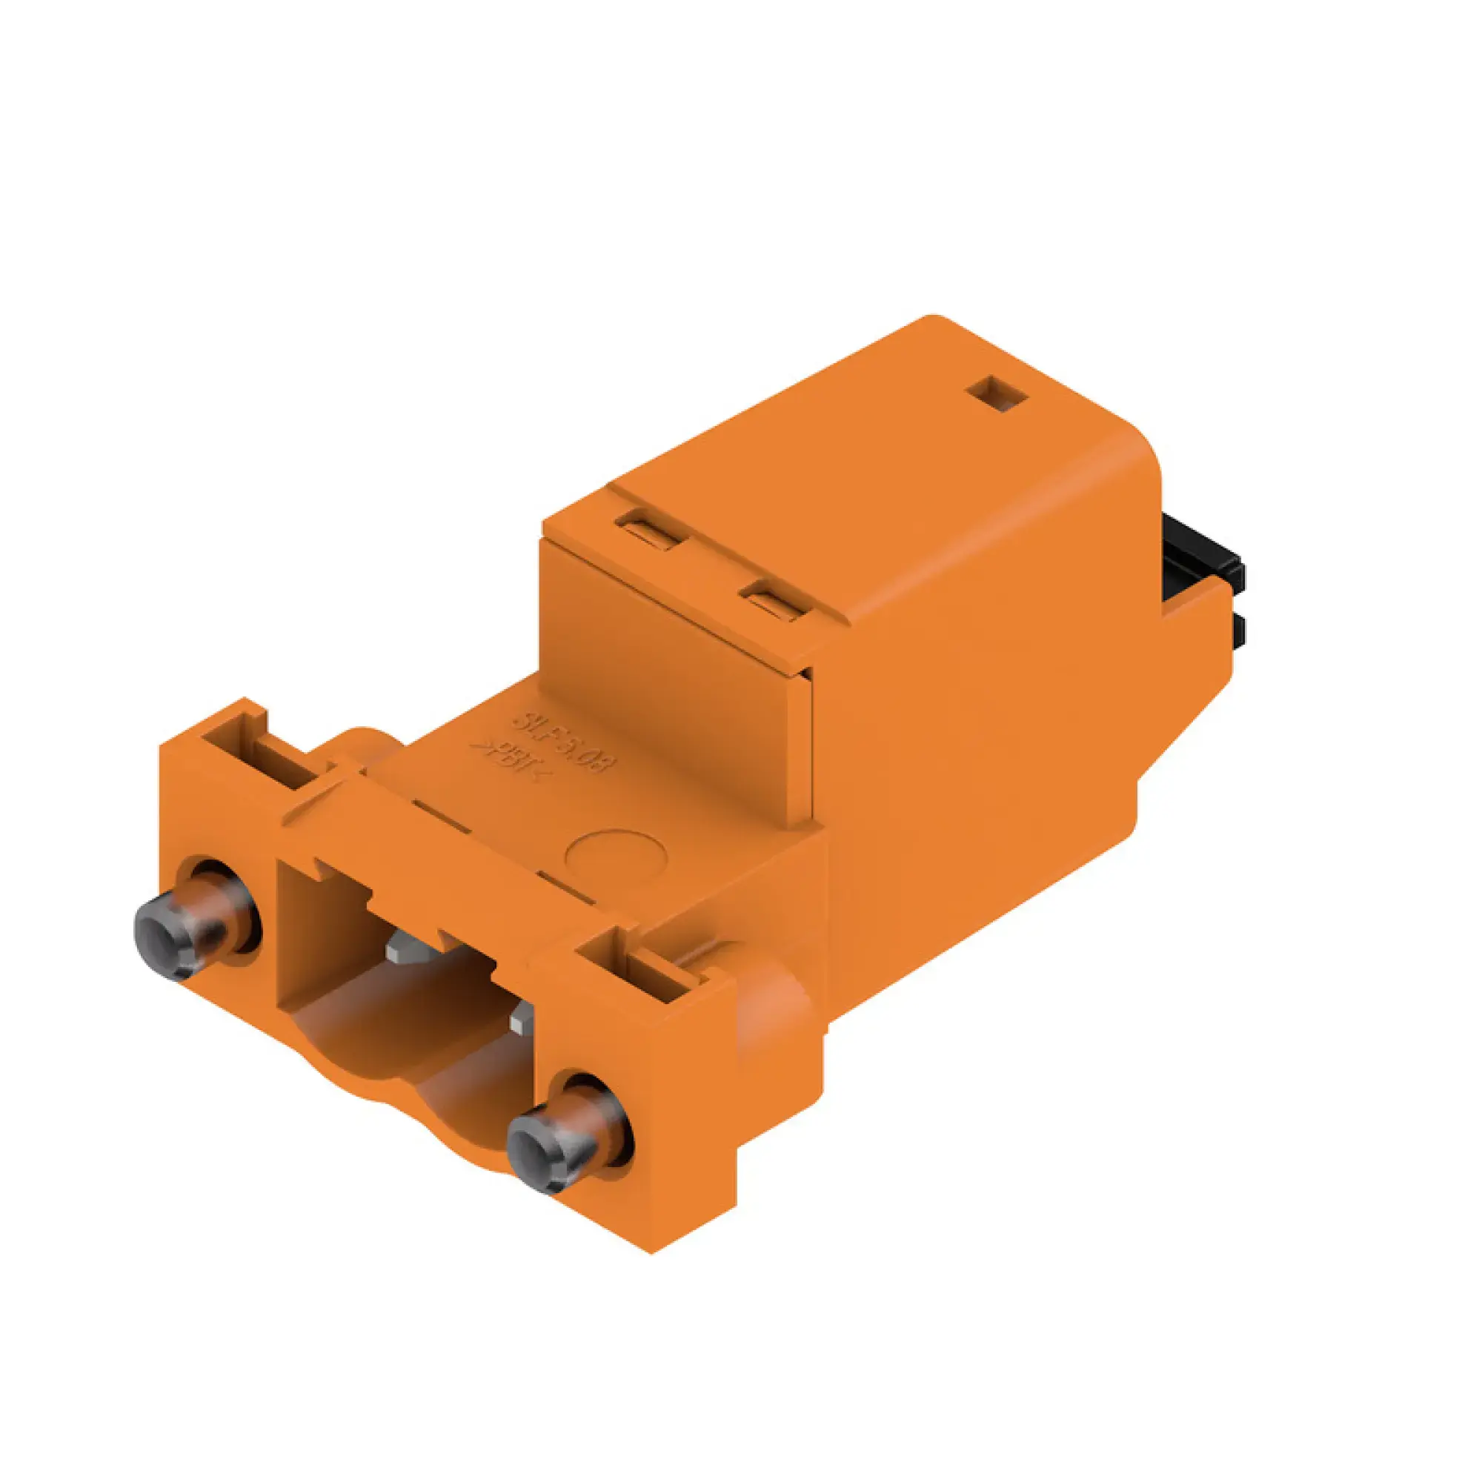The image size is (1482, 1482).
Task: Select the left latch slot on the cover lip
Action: tap(648, 530)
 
